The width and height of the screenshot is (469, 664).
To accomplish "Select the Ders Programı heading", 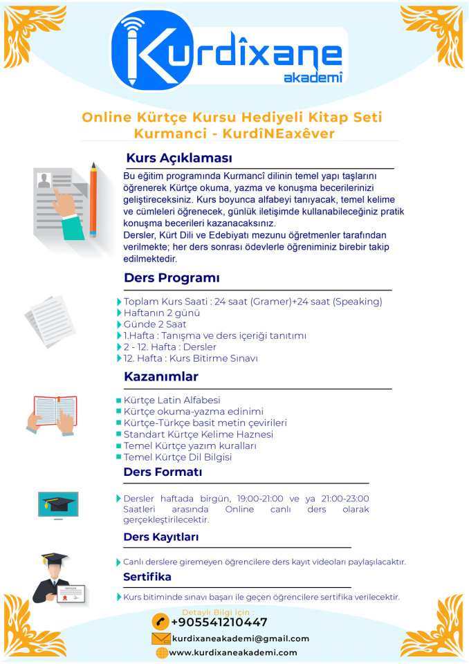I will coord(172,278).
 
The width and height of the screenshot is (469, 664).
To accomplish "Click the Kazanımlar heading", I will coord(160,377).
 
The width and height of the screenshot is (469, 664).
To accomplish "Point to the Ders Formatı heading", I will coord(163,472).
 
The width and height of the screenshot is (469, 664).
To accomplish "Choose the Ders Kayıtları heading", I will coord(161,537).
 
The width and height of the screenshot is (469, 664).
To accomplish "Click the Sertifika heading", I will coord(147,577).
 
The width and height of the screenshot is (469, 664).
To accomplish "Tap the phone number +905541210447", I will coord(219,622).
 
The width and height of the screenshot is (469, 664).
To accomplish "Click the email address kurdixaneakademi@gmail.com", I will coord(240,638).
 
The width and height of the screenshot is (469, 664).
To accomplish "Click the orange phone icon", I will coord(160,622).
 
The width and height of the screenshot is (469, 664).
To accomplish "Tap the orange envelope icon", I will coord(160,638).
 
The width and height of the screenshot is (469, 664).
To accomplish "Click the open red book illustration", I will coord(55,413).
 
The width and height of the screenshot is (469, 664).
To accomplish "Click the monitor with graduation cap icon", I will coord(57,506).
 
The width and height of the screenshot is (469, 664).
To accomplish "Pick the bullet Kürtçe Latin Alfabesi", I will coord(172,400).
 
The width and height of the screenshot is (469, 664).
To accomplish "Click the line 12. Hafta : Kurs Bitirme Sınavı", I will coord(190,358).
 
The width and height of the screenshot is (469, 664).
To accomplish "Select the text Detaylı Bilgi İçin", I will coord(217,612).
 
